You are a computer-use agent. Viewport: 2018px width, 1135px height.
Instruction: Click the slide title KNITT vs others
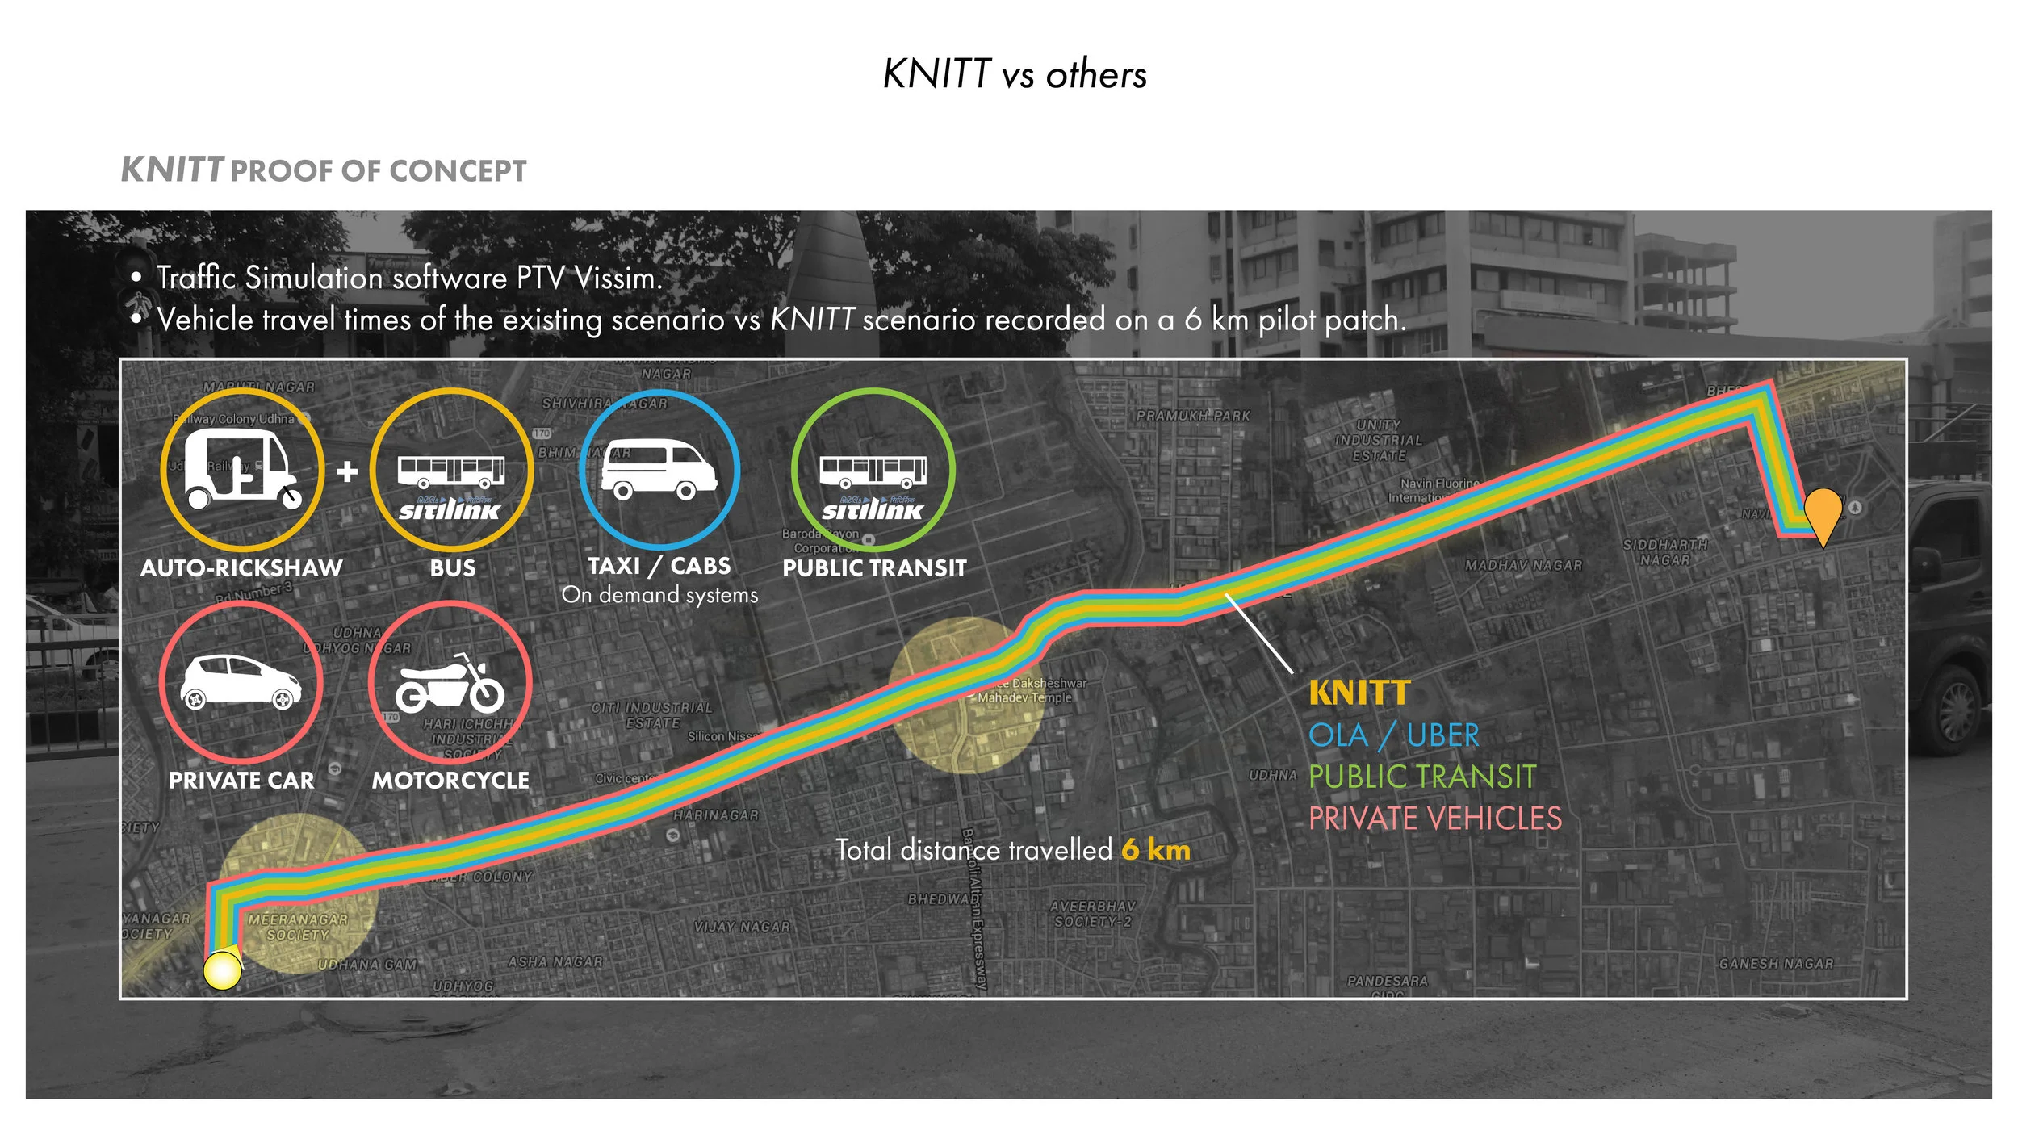pos(1015,74)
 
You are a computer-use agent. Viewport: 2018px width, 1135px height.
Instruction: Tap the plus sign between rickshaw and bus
pos(347,471)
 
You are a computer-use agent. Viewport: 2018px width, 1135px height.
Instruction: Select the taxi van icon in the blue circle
pos(659,469)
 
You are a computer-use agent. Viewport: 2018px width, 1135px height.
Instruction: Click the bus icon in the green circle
pos(873,471)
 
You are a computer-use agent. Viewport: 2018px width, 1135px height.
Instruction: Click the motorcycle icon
pos(450,682)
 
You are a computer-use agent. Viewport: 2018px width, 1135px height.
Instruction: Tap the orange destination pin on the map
pos(1823,513)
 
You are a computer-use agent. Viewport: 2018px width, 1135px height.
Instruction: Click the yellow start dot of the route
pos(222,970)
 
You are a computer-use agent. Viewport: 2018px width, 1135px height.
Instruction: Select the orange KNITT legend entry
pos(1359,693)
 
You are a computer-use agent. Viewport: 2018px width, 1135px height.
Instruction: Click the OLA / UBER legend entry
pos(1394,735)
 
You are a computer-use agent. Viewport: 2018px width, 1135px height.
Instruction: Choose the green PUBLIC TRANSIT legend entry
pos(1421,777)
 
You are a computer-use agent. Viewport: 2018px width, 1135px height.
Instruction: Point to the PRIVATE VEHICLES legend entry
pos(1434,819)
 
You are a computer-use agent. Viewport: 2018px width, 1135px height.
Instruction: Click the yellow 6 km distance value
pos(1155,850)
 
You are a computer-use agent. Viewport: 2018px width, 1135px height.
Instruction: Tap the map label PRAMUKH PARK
pos(1192,416)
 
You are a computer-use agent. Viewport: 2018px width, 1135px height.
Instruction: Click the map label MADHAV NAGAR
pos(1523,565)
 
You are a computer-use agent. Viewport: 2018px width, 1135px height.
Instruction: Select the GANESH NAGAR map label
pos(1776,963)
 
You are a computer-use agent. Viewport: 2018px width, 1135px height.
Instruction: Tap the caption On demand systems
pos(659,595)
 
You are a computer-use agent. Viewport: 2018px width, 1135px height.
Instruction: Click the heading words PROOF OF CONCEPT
pos(379,171)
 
